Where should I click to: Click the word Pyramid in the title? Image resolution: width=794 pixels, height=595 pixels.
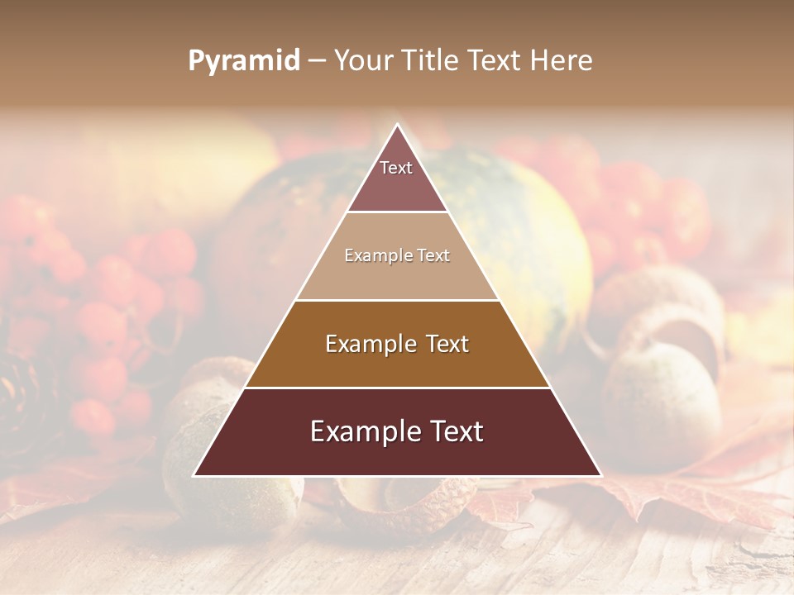coord(243,61)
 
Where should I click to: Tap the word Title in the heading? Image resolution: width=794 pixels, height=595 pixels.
coord(433,61)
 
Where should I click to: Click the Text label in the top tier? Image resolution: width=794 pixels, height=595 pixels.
coord(396,168)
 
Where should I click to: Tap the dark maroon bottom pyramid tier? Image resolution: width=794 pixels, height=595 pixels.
coord(397,455)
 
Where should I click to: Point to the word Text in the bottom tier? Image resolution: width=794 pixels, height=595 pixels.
coord(455,432)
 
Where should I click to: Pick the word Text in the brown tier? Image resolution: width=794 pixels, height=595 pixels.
coord(447,344)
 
